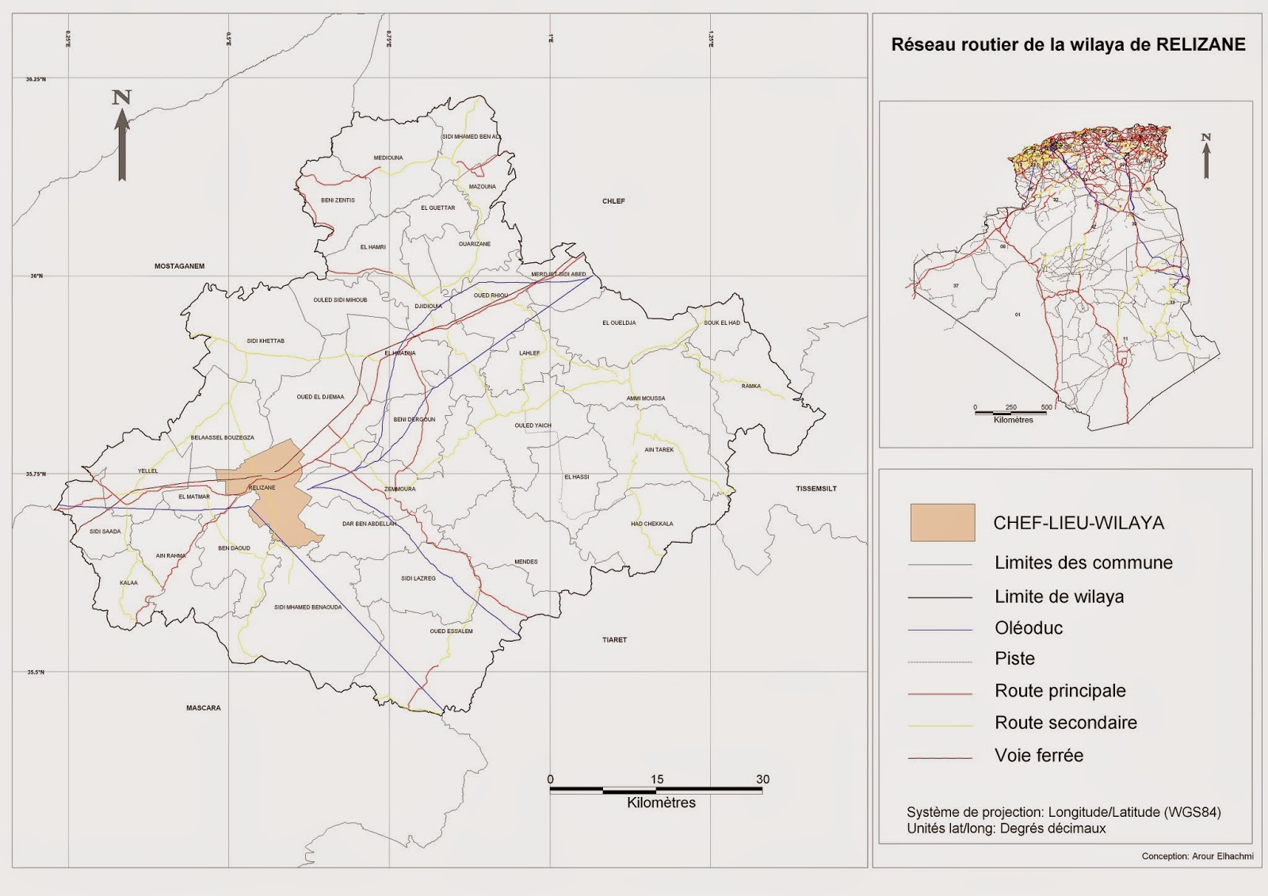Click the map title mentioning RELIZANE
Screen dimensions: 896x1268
1067,45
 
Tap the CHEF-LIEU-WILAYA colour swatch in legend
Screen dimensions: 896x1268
942,523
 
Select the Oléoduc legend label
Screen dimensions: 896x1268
1029,628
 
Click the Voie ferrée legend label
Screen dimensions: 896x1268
1038,756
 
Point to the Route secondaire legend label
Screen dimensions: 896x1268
1065,723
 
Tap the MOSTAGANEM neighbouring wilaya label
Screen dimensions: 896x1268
179,266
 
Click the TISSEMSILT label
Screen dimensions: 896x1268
815,489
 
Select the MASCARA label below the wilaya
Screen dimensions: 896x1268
204,708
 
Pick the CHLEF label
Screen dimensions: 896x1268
613,201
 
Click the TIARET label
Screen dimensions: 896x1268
614,640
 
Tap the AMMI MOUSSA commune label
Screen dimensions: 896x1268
645,398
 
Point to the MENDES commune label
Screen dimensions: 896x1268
525,562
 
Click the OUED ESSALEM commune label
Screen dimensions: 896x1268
451,631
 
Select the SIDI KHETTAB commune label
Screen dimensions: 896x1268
265,341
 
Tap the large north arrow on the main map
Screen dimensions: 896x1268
122,139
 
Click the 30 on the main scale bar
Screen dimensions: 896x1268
762,780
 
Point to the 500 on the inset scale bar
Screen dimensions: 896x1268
1046,407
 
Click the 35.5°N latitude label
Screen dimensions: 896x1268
36,673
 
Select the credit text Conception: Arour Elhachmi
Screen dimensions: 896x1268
1197,856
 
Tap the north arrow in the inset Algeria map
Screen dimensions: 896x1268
1206,156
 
